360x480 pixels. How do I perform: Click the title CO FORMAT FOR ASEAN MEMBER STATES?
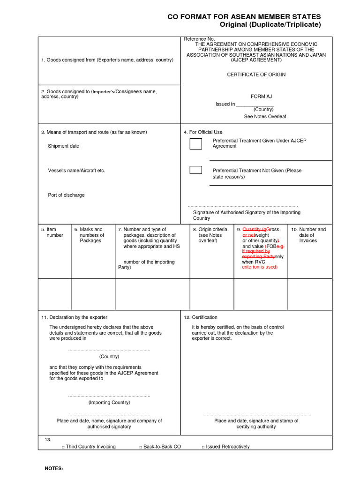click(x=244, y=17)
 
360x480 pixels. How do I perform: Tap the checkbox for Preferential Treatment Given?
click(x=195, y=144)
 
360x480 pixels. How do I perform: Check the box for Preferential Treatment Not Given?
click(x=195, y=170)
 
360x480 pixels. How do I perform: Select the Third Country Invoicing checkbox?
click(x=63, y=447)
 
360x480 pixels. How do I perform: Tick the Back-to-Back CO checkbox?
click(x=141, y=447)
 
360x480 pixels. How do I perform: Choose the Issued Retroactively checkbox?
click(x=203, y=447)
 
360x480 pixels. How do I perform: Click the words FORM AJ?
click(x=261, y=97)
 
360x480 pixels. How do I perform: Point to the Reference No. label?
click(x=199, y=39)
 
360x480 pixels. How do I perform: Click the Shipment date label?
click(x=63, y=146)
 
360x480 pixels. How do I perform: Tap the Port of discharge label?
click(x=66, y=195)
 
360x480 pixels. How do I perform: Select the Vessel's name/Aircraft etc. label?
click(x=76, y=171)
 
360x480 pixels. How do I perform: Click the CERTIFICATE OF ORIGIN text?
click(x=256, y=75)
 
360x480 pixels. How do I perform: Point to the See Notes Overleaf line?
click(x=265, y=116)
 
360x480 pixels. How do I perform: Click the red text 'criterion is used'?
click(x=260, y=267)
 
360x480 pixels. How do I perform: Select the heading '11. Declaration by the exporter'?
click(x=75, y=317)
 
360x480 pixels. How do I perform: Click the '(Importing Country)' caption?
click(x=109, y=402)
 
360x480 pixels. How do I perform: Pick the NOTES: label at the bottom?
click(x=53, y=469)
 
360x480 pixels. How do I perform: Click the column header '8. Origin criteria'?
click(x=210, y=230)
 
